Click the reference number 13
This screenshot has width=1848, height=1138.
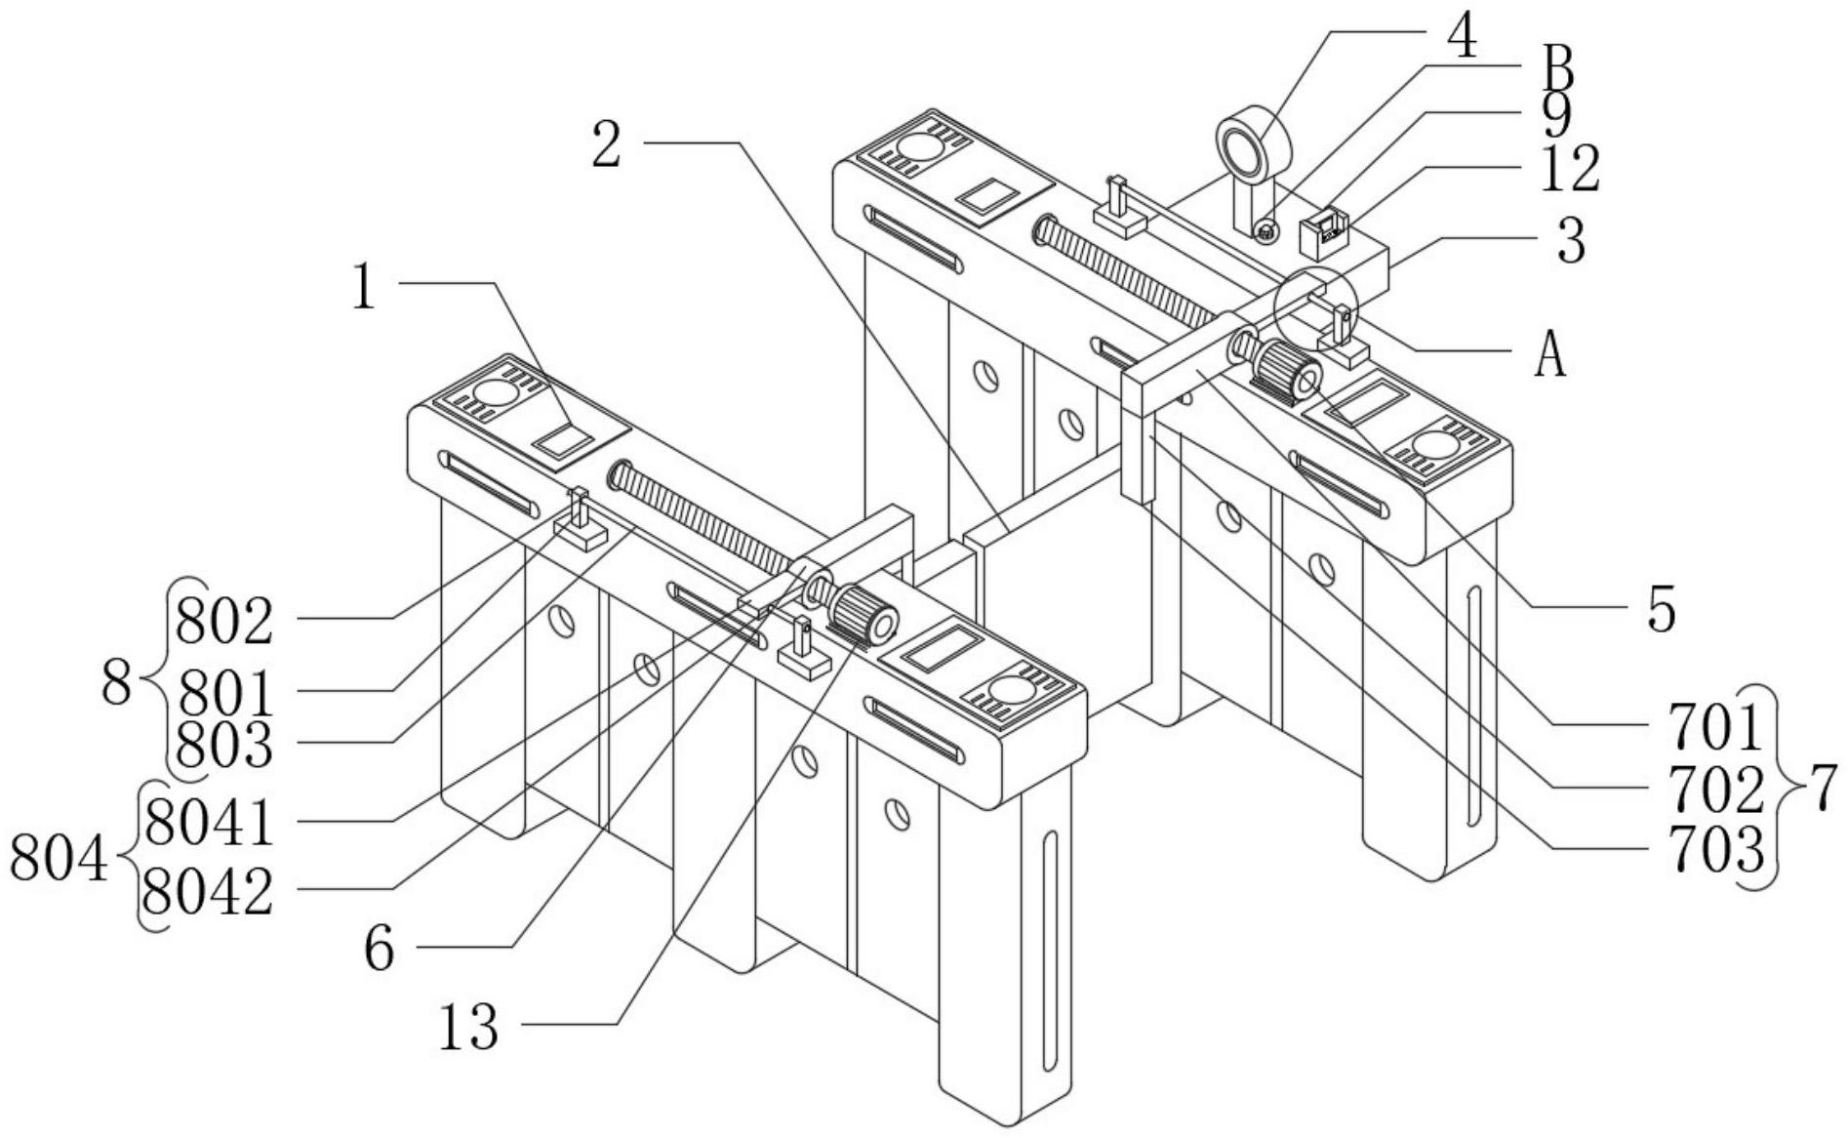(x=468, y=1028)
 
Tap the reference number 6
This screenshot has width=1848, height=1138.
(x=380, y=948)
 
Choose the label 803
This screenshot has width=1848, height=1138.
(x=223, y=746)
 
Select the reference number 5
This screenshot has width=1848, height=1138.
(x=1661, y=610)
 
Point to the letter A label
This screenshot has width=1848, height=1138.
(x=1549, y=354)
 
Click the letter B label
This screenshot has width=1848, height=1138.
(x=1555, y=71)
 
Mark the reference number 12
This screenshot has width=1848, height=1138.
(x=1569, y=169)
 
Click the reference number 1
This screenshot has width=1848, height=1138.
(x=365, y=288)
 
